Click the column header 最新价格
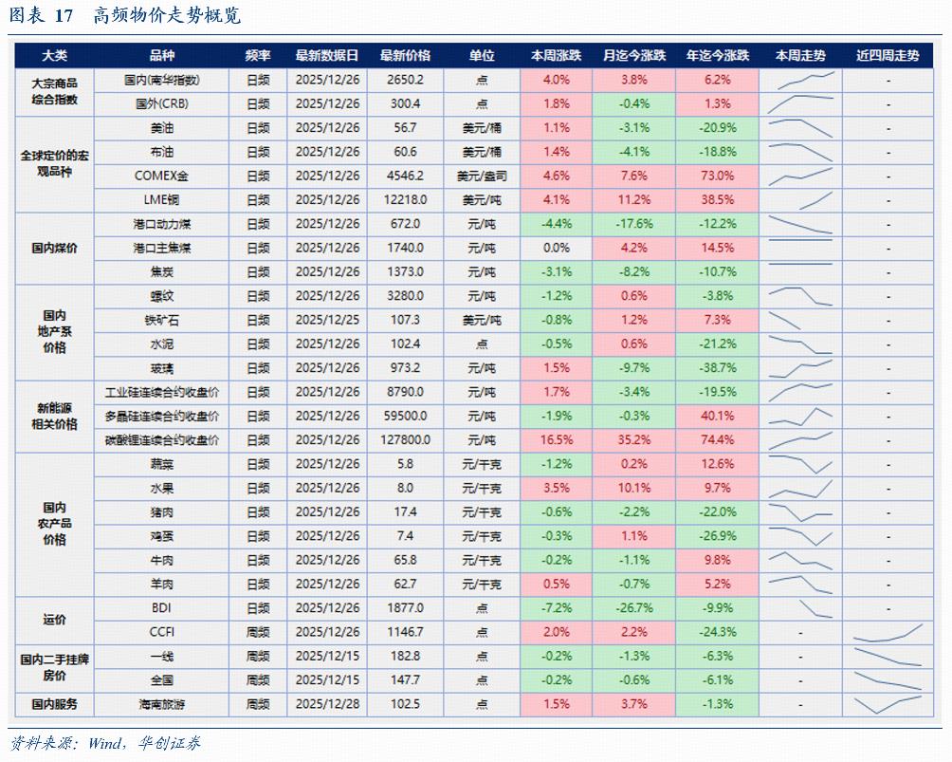click(x=405, y=56)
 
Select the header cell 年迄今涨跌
click(x=717, y=56)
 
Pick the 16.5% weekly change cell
click(x=556, y=440)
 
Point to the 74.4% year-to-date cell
click(x=717, y=440)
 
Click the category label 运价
click(x=54, y=620)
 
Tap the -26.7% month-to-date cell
click(x=633, y=608)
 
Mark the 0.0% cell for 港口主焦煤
click(x=556, y=248)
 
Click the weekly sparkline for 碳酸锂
click(x=801, y=440)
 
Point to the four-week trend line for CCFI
click(x=888, y=632)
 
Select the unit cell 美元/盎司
click(x=482, y=176)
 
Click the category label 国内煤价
click(x=54, y=248)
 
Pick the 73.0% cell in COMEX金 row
click(x=717, y=176)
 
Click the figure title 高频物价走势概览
click(x=168, y=16)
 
